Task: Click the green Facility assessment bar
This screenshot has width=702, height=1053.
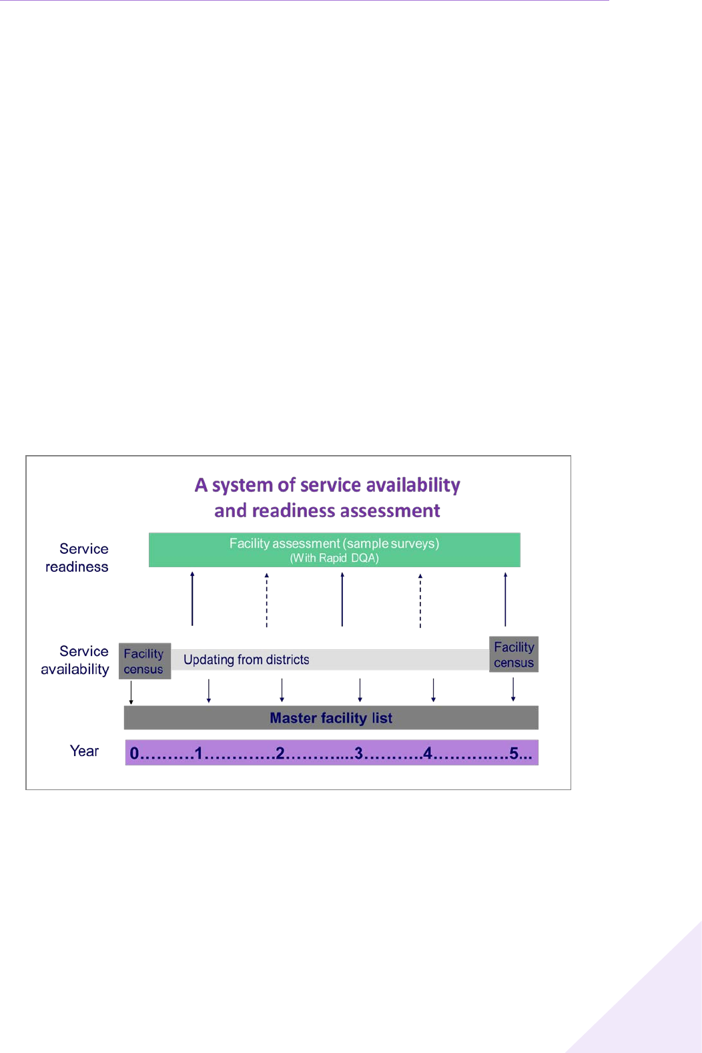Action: point(334,549)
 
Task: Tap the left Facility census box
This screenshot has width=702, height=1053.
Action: point(144,661)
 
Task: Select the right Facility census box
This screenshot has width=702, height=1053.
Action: point(514,655)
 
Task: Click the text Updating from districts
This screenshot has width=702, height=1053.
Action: point(246,660)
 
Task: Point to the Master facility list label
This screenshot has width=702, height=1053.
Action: point(331,718)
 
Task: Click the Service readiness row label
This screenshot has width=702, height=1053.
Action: point(77,557)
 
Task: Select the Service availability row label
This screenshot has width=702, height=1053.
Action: point(75,660)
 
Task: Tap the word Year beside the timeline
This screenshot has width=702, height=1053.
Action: point(84,751)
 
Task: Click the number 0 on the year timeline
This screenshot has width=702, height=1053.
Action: point(134,753)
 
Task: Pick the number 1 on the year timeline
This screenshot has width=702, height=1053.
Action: point(198,753)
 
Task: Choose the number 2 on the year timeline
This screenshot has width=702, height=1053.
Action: point(280,753)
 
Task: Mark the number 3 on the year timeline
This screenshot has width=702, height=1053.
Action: point(358,753)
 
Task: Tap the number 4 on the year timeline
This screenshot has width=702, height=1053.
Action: point(428,753)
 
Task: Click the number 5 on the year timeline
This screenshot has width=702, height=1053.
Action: point(514,753)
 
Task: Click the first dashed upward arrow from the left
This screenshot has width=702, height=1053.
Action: point(267,600)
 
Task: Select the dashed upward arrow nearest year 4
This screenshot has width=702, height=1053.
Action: point(420,601)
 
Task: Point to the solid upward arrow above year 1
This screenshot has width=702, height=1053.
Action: point(192,599)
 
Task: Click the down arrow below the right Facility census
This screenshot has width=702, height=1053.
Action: point(513,689)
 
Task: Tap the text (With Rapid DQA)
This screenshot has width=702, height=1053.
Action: point(334,559)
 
